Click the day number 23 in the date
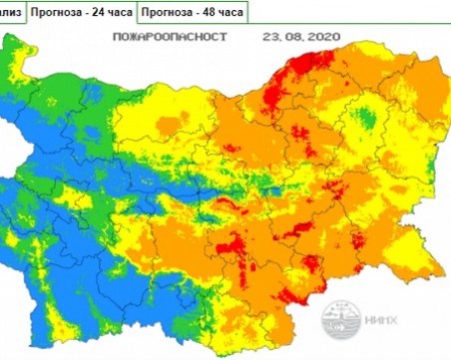(x=268, y=37)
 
